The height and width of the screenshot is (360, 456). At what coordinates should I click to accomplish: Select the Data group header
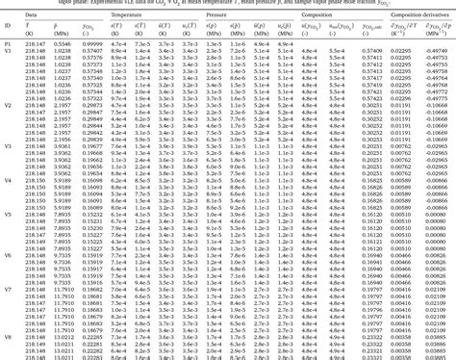(x=33, y=15)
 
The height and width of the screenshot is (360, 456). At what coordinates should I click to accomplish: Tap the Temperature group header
(x=126, y=15)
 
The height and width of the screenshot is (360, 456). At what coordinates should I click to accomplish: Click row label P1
(x=7, y=44)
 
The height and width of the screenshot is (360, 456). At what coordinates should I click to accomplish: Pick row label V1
(x=7, y=52)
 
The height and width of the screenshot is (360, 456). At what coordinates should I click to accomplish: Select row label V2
(x=7, y=104)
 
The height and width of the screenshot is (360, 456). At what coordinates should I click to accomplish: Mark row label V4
(x=7, y=179)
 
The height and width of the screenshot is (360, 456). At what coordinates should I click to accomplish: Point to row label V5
(x=7, y=217)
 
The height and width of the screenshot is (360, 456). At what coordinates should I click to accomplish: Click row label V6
(x=7, y=254)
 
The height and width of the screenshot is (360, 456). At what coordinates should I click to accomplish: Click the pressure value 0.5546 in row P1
(x=63, y=44)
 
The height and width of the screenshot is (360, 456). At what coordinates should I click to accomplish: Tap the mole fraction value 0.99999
(x=91, y=44)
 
